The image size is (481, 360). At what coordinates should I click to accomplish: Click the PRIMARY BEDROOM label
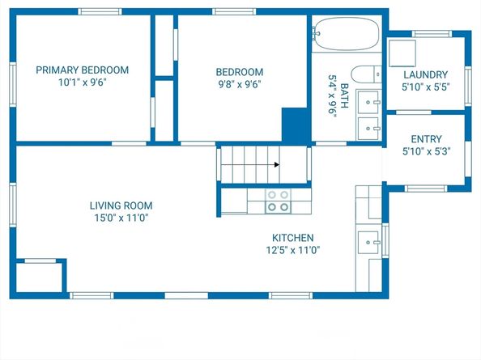(83, 70)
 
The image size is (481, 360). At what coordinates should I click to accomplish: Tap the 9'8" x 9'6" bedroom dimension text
(240, 84)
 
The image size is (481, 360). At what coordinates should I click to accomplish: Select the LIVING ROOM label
(121, 205)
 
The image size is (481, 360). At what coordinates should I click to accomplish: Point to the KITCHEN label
(293, 238)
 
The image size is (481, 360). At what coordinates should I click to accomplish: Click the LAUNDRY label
(425, 74)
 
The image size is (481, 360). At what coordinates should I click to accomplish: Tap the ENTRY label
(427, 139)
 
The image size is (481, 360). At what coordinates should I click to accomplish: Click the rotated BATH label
(344, 95)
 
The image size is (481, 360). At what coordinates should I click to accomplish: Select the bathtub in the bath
(346, 33)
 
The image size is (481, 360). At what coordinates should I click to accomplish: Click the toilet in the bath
(366, 74)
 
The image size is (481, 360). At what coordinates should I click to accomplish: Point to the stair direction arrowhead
(277, 165)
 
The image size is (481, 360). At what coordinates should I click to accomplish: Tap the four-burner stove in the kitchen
(278, 201)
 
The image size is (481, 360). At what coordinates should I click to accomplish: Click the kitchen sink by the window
(368, 242)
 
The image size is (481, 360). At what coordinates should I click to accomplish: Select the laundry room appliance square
(402, 53)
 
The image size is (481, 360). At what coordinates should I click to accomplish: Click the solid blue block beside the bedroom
(295, 125)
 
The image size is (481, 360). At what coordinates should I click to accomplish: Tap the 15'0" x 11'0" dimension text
(121, 218)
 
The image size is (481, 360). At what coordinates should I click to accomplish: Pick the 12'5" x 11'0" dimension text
(293, 250)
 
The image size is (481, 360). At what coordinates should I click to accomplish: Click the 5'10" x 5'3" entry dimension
(427, 151)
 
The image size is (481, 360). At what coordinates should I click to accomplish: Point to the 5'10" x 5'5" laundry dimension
(425, 87)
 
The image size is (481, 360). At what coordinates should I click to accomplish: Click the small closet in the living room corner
(39, 277)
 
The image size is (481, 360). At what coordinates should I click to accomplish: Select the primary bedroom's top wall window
(100, 11)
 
